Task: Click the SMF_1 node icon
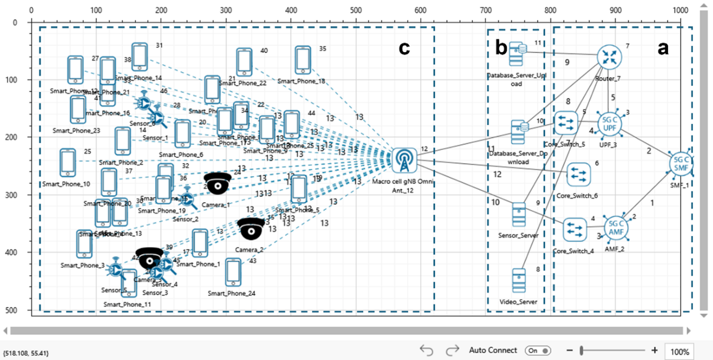pyautogui.click(x=681, y=164)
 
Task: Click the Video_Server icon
pyautogui.click(x=519, y=281)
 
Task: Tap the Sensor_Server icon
pyautogui.click(x=519, y=214)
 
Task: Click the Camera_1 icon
pyautogui.click(x=217, y=183)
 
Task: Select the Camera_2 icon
pyautogui.click(x=251, y=228)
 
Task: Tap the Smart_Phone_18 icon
pyautogui.click(x=303, y=60)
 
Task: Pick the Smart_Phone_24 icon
pyautogui.click(x=233, y=272)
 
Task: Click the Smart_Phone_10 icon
pyautogui.click(x=67, y=163)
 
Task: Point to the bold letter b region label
pyautogui.click(x=501, y=48)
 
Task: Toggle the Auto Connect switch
pyautogui.click(x=538, y=351)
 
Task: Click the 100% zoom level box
pyautogui.click(x=680, y=351)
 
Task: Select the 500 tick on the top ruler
pyautogui.click(x=356, y=10)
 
